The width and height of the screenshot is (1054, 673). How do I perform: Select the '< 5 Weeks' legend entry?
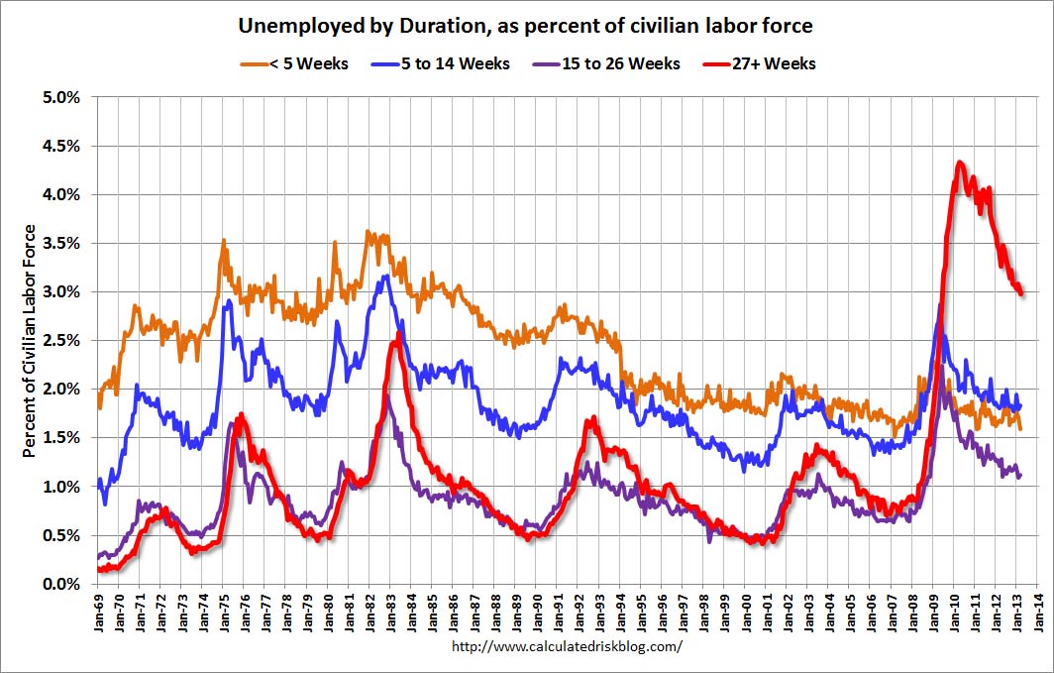pos(294,63)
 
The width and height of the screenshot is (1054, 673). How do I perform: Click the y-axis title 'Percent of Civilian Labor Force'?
pos(30,340)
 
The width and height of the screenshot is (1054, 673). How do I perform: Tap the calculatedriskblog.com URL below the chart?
pos(567,646)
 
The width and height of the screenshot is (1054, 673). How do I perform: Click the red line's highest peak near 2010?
pos(960,163)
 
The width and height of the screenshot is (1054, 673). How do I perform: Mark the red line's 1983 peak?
pos(397,334)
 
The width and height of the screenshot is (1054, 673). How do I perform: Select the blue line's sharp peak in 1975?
pos(229,300)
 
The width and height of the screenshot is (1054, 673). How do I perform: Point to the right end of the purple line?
pos(1020,476)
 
